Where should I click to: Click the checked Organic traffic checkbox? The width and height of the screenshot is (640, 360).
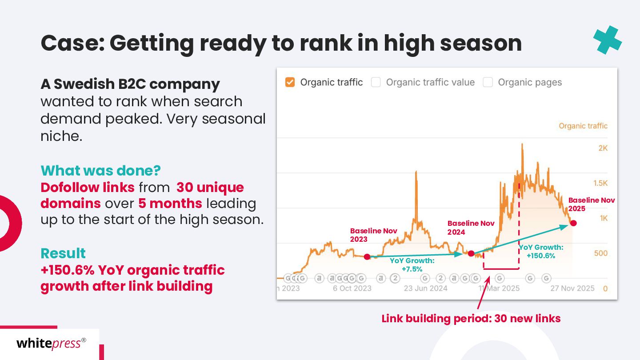[x=290, y=82]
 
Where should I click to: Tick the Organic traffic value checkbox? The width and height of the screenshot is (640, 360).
[x=376, y=82]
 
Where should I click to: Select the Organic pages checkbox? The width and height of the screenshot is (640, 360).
[x=488, y=82]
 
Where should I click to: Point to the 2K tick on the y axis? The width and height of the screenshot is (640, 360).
[x=603, y=148]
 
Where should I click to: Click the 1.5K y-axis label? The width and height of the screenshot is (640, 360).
[x=600, y=183]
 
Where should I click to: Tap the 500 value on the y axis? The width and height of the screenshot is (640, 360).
[x=601, y=253]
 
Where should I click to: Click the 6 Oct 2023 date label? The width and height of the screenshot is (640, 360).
[x=352, y=288]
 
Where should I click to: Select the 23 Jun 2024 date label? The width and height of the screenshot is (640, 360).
[x=425, y=288]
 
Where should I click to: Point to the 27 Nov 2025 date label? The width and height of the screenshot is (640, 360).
[x=572, y=288]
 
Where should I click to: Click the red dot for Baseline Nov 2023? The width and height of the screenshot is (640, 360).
[x=367, y=257]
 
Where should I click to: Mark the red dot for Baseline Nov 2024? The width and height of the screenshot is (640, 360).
[x=471, y=253]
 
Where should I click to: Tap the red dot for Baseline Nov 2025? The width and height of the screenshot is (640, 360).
[x=573, y=223]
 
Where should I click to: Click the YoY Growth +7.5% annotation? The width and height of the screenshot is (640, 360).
[x=412, y=265]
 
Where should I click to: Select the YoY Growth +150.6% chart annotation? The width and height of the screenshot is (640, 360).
[x=541, y=252]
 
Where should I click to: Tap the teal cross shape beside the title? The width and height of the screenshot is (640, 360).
[x=608, y=40]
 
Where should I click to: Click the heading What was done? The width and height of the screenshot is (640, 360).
[x=100, y=171]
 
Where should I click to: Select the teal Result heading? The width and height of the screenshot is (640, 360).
[x=63, y=253]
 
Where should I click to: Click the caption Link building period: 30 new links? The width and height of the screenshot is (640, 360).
[x=471, y=319]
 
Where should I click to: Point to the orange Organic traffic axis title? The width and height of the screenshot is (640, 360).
[x=583, y=126]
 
